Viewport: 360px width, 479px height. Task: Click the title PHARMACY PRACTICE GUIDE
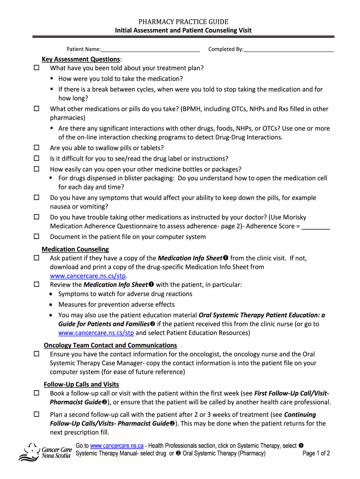(183, 22)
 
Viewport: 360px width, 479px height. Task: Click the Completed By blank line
(288, 50)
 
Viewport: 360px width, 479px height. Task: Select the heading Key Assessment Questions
(81, 59)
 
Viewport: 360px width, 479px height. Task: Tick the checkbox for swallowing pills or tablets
(36, 148)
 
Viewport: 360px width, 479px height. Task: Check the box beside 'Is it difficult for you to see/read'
(36, 159)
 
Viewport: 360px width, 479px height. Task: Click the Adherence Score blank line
(316, 226)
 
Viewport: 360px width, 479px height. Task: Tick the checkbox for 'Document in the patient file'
(36, 237)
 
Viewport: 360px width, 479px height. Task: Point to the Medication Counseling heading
(75, 249)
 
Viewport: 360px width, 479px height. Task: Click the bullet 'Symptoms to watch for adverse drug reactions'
(125, 294)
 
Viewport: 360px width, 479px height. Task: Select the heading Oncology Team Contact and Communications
(110, 345)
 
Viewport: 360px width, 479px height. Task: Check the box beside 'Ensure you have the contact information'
(36, 354)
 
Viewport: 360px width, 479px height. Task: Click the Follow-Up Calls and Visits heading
(81, 385)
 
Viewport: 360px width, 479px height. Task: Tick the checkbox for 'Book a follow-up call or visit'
(36, 393)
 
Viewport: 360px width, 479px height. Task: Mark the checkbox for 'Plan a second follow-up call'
(36, 415)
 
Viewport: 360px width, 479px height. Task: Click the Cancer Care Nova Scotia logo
(45, 452)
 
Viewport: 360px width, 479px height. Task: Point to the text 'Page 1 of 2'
(316, 453)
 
